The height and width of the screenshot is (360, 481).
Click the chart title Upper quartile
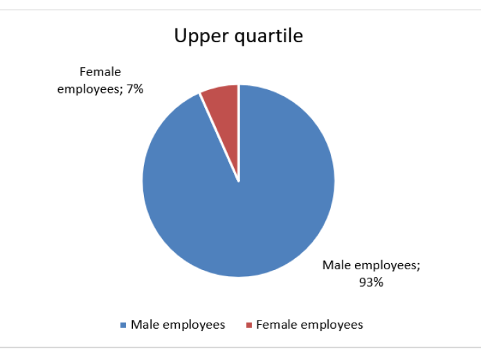coord(239,35)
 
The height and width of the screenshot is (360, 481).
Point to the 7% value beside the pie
coord(133,89)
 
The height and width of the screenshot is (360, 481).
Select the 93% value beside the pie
coord(371,282)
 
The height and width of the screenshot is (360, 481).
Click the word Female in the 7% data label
coord(100,72)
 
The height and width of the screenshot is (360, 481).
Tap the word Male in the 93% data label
coord(336,265)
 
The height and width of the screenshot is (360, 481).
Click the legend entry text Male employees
coord(178,325)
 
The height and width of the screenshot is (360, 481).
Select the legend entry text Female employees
coord(309,325)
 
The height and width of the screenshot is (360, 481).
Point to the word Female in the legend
coord(276,324)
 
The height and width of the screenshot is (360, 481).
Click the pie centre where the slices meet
coord(239,181)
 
